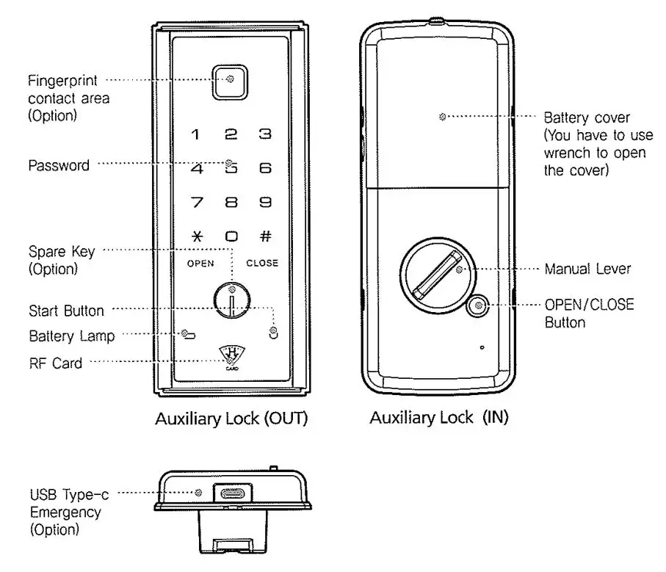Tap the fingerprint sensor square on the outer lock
(231, 80)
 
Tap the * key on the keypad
(196, 237)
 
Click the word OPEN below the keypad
(200, 263)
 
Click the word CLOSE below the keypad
(262, 263)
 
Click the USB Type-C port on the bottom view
(231, 493)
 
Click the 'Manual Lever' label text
(587, 269)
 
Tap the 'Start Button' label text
(66, 310)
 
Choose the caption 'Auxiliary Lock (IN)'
(438, 418)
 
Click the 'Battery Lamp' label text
(72, 336)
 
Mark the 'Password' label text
(59, 165)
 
